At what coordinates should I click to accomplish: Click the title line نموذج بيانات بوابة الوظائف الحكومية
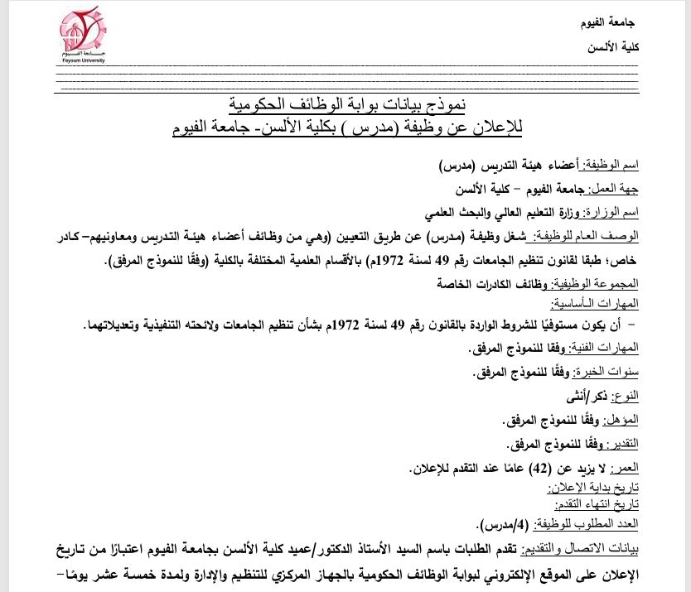[346, 105]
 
